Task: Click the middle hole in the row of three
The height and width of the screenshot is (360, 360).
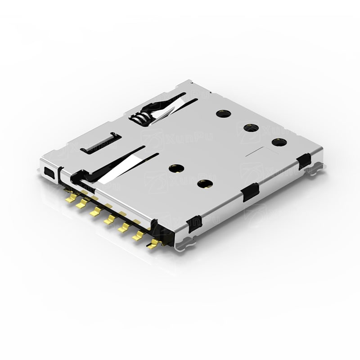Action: pyautogui.click(x=250, y=127)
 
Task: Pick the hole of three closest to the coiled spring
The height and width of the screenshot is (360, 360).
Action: pyautogui.click(x=222, y=113)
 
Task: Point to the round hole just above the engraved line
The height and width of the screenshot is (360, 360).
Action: pyautogui.click(x=279, y=142)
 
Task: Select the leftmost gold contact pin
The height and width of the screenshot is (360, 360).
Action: pyautogui.click(x=70, y=197)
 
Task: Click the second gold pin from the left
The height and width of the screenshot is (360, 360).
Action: pyautogui.click(x=82, y=204)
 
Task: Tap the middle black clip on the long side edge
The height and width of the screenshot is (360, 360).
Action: pyautogui.click(x=249, y=193)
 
